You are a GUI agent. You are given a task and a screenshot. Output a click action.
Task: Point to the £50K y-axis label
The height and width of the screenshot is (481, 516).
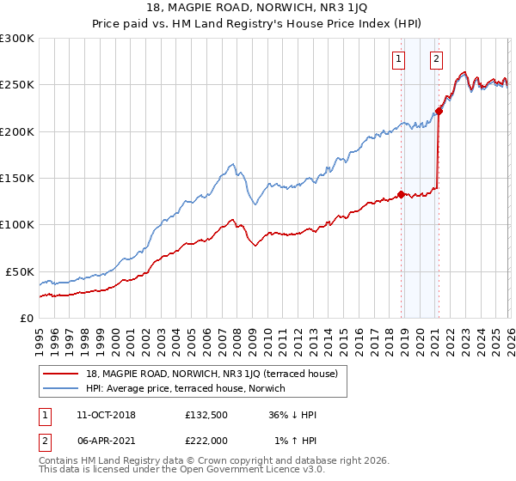click(x=20, y=271)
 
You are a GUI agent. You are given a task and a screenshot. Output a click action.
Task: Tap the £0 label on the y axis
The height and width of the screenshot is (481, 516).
click(x=27, y=318)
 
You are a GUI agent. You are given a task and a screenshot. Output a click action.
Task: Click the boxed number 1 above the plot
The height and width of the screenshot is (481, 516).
click(x=400, y=59)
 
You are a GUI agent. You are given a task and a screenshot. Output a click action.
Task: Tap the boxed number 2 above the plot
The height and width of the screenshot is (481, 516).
click(x=437, y=59)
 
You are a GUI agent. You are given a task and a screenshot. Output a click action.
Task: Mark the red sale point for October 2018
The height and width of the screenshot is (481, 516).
click(x=401, y=194)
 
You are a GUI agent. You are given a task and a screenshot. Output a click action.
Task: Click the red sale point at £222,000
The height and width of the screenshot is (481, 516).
click(x=439, y=111)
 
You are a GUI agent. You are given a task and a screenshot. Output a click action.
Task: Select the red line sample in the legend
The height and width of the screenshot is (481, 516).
click(x=60, y=374)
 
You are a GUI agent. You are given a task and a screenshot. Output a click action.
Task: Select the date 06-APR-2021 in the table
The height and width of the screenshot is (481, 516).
click(x=106, y=441)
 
